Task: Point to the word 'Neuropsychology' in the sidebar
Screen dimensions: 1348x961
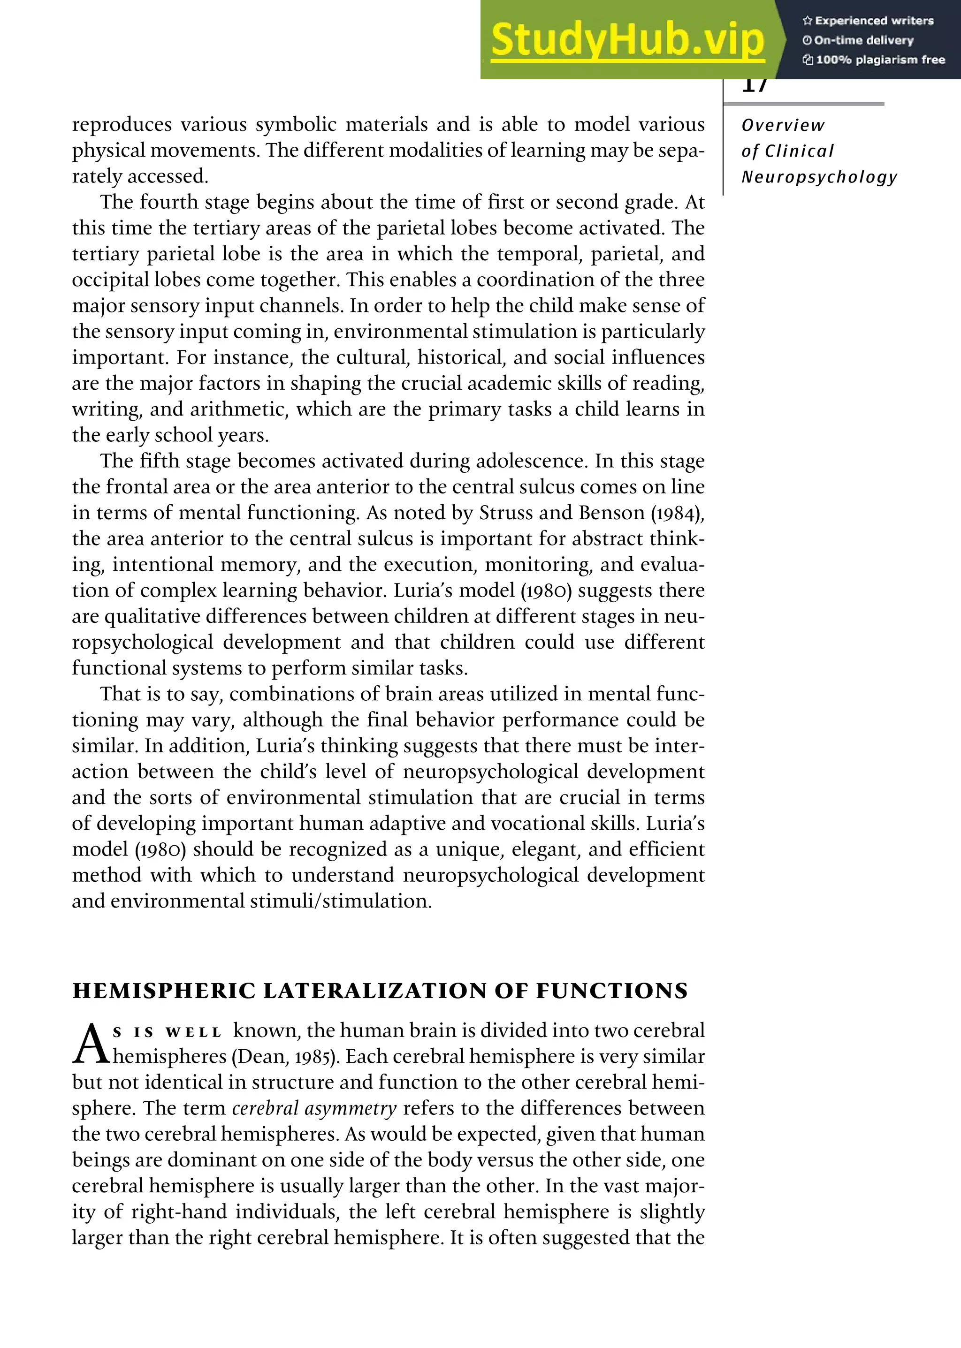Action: (819, 177)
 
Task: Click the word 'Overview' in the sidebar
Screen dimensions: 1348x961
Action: (782, 125)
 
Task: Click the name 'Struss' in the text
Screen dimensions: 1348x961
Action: (501, 512)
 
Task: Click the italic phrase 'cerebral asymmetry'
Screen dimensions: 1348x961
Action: (313, 1108)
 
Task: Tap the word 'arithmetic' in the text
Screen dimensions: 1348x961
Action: (240, 409)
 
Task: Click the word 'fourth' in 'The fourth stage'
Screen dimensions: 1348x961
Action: (168, 202)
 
